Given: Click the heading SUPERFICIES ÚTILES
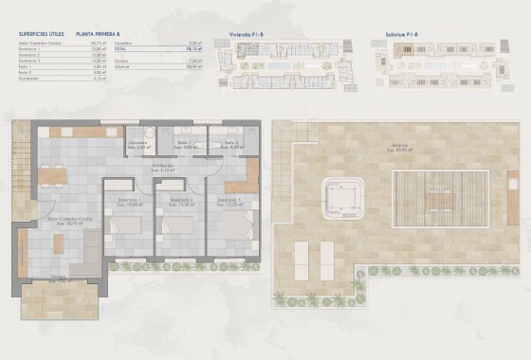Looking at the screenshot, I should [x=41, y=31].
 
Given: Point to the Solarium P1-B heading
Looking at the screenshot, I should [x=408, y=31].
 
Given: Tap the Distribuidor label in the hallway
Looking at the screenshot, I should [x=163, y=168].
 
